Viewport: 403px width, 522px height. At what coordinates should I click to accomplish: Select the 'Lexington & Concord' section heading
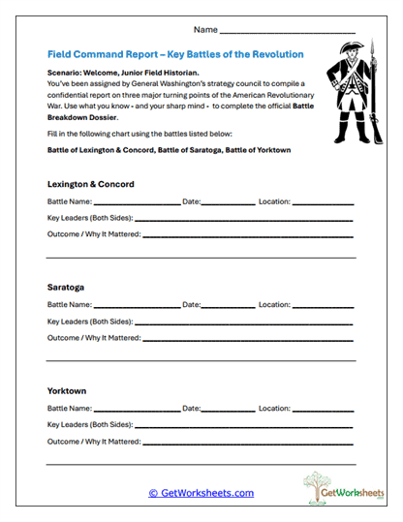tap(90, 184)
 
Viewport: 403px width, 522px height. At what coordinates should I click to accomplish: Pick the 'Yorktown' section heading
tap(67, 390)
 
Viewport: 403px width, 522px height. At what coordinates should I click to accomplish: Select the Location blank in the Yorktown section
tap(323, 411)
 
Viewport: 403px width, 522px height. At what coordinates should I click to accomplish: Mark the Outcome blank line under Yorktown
tap(248, 444)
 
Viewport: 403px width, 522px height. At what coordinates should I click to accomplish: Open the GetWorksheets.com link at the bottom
tap(201, 493)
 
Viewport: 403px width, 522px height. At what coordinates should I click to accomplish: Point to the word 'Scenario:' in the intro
tap(66, 73)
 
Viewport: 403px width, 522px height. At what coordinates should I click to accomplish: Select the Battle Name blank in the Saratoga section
tap(137, 307)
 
